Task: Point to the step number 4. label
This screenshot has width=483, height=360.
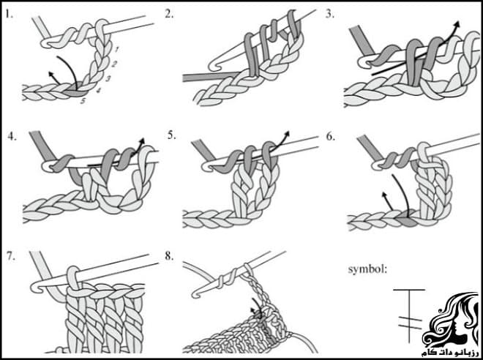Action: [11, 135]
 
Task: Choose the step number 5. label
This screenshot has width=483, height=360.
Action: [171, 135]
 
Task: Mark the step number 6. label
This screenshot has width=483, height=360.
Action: [330, 135]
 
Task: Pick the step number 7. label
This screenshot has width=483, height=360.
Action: [11, 256]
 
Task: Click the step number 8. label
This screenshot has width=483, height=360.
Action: [171, 256]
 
